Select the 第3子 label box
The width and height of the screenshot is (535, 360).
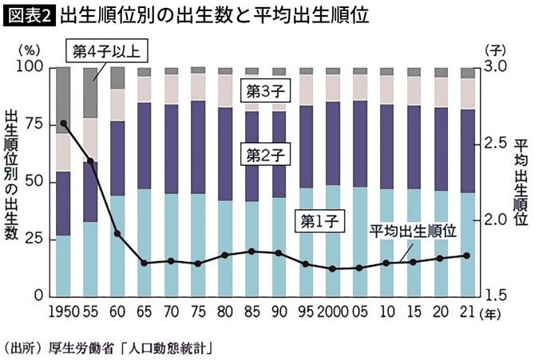(266, 90)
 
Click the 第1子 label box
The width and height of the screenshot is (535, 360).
(319, 220)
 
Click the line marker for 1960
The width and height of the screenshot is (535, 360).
(117, 234)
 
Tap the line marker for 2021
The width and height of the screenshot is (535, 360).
(467, 255)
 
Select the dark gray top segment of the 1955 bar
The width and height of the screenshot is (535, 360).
(91, 92)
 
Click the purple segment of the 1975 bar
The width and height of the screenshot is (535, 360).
(196, 147)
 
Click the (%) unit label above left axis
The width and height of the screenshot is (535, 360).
(27, 49)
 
